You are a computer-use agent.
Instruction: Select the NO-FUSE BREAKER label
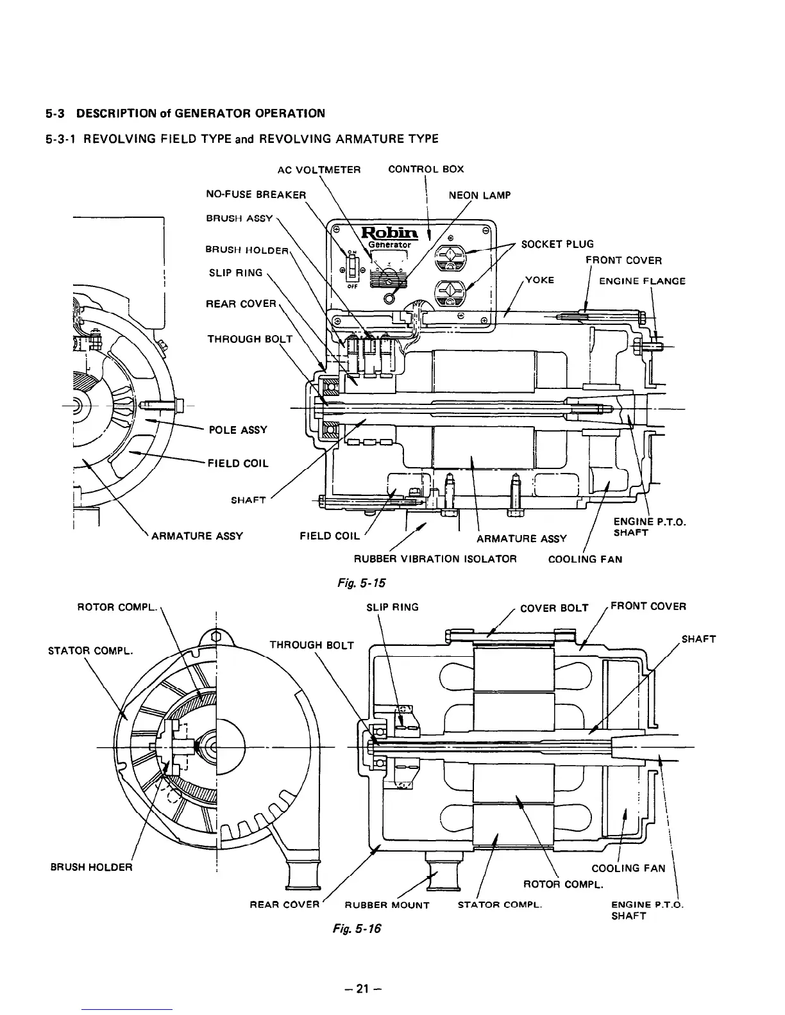tap(256, 194)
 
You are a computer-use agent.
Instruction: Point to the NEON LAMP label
tap(479, 195)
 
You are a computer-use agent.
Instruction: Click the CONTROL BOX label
tap(426, 169)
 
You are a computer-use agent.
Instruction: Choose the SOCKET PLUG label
tap(557, 244)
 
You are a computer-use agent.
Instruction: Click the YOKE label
tap(539, 280)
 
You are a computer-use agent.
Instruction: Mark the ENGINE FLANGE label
tap(641, 281)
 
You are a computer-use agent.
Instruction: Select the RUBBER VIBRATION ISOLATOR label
tap(430, 559)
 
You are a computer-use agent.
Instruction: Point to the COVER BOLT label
tap(553, 608)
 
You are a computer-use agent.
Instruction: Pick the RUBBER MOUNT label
tap(387, 905)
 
